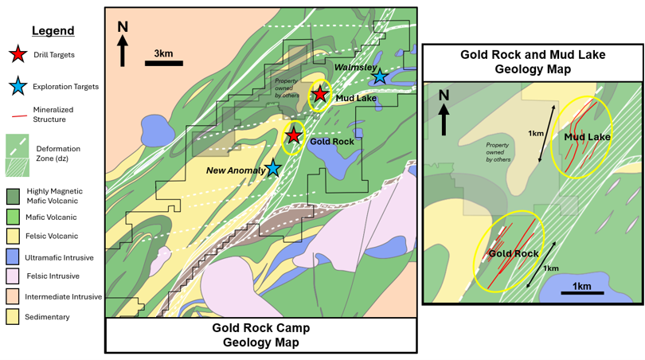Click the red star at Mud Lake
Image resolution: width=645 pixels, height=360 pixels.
[x=320, y=95]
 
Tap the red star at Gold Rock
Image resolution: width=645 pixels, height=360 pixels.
[x=293, y=135]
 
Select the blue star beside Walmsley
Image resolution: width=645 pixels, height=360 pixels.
[x=379, y=76]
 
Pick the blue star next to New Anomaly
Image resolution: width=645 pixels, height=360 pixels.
[x=272, y=168]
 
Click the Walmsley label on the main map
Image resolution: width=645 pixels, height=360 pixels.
[x=355, y=67]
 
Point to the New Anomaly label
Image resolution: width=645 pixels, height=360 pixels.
[x=236, y=170]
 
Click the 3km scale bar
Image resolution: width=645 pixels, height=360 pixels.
[x=164, y=64]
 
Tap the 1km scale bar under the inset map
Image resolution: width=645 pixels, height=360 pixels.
[x=582, y=293]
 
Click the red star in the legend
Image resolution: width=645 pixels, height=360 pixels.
[x=18, y=54]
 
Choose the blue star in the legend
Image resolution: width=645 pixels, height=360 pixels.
[x=18, y=86]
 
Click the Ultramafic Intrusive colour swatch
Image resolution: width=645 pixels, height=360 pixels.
[x=12, y=256]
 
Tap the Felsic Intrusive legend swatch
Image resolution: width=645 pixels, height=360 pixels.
[x=12, y=276]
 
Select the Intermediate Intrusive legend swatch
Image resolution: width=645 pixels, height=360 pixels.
[x=12, y=296]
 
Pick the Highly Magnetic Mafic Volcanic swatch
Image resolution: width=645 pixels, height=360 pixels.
[x=12, y=197]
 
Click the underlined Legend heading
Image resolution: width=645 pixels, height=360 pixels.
[x=53, y=31]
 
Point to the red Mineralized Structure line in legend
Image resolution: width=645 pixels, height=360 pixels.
[x=19, y=117]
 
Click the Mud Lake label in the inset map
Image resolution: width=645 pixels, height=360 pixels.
[x=587, y=137]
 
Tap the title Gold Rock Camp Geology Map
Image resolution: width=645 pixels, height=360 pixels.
[x=261, y=335]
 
